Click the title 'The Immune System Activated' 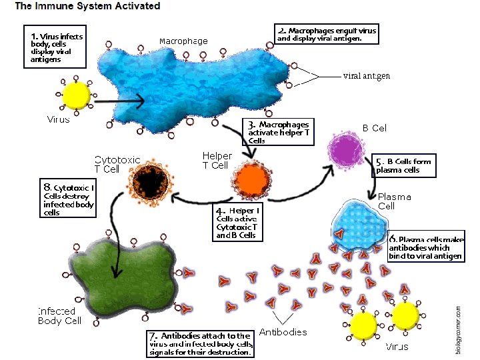[87, 7]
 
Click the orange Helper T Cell [251, 179]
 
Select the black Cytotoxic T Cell [153, 181]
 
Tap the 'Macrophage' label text [183, 41]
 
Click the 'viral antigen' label [366, 76]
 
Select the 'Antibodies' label [283, 332]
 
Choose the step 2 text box [327, 35]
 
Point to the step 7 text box [201, 343]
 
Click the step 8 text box [69, 200]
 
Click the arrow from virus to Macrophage [120, 102]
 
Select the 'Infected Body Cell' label [59, 316]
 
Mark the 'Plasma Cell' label [395, 201]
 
